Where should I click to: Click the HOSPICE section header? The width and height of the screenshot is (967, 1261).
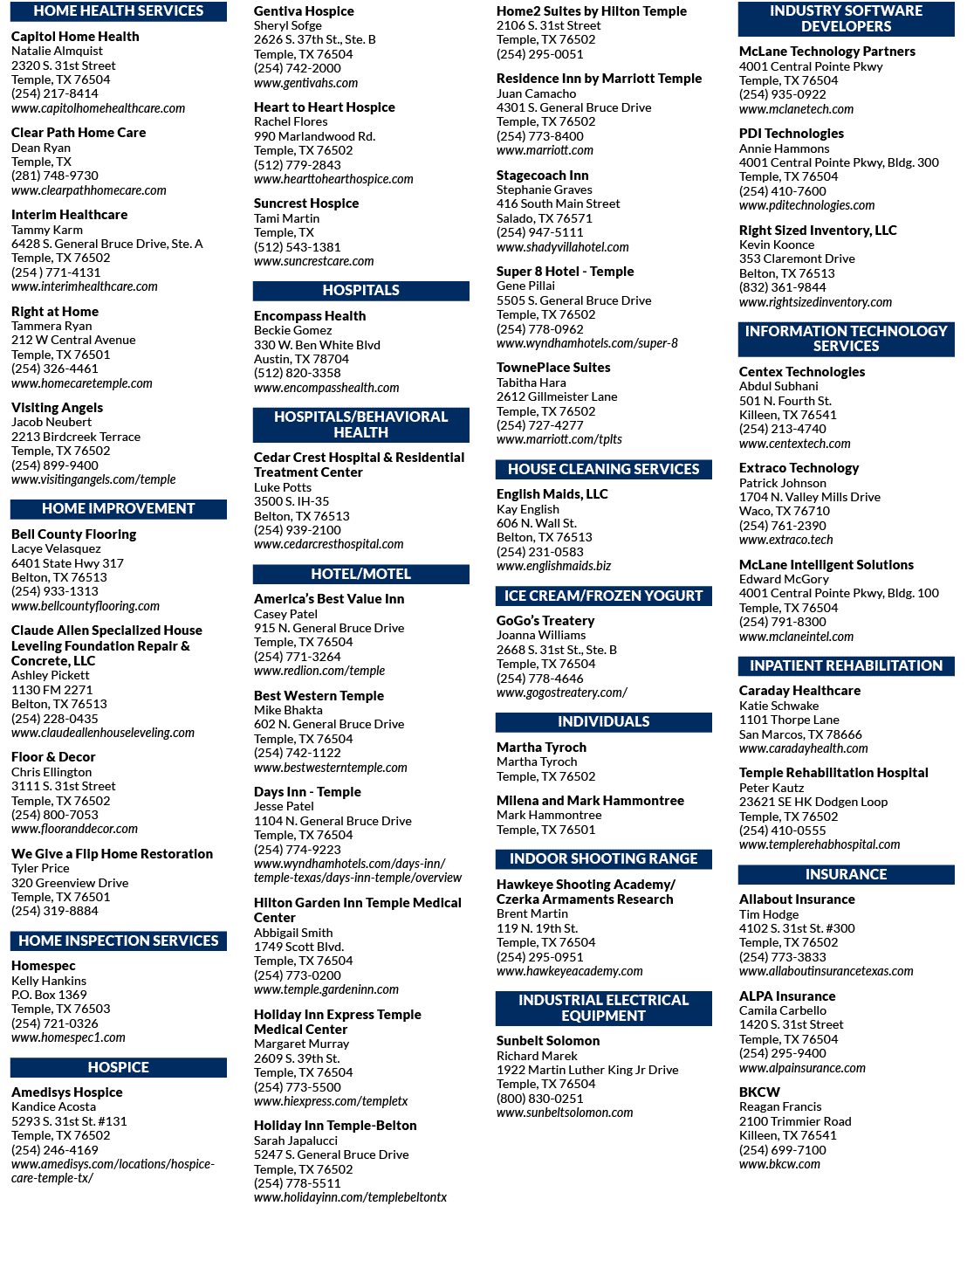[x=119, y=1067]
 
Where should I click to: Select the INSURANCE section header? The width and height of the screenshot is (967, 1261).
[x=846, y=874]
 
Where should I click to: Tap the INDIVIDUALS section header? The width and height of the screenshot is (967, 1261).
[x=604, y=722]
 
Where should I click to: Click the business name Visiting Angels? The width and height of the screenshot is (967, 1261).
[x=57, y=408]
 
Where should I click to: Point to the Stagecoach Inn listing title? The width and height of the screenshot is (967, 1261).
[x=542, y=176]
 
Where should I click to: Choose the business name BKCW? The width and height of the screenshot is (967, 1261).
[x=759, y=1092]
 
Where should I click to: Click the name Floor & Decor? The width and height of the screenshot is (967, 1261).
[x=53, y=757]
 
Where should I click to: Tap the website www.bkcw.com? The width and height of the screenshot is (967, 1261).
[x=779, y=1164]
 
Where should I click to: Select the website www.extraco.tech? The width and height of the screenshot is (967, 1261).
[x=785, y=540]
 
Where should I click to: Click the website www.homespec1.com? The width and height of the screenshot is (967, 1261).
[x=68, y=1037]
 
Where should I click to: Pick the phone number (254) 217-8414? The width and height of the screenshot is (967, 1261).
[x=54, y=93]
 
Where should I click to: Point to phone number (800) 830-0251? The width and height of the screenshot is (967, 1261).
[x=539, y=1099]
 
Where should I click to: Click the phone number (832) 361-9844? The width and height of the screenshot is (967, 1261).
[x=783, y=287]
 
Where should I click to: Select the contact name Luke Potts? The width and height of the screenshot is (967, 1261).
[x=282, y=487]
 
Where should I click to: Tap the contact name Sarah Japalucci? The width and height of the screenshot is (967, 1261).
[x=296, y=1140]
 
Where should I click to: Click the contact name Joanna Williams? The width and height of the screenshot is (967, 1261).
[x=541, y=636]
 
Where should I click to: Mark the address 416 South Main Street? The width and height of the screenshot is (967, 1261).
[x=558, y=203]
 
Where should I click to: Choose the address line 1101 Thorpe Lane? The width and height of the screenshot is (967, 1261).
[x=788, y=720]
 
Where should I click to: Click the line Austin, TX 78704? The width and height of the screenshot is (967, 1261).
[x=301, y=359]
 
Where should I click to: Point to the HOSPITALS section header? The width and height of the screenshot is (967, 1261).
[x=360, y=291]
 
